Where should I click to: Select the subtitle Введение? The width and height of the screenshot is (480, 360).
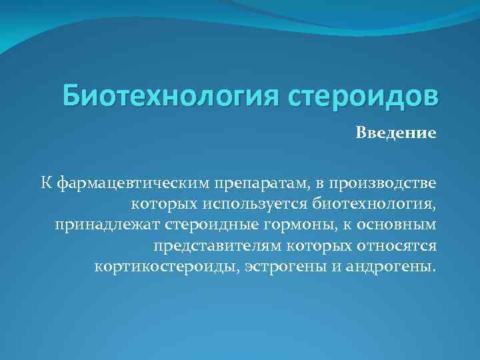pos(395,133)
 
